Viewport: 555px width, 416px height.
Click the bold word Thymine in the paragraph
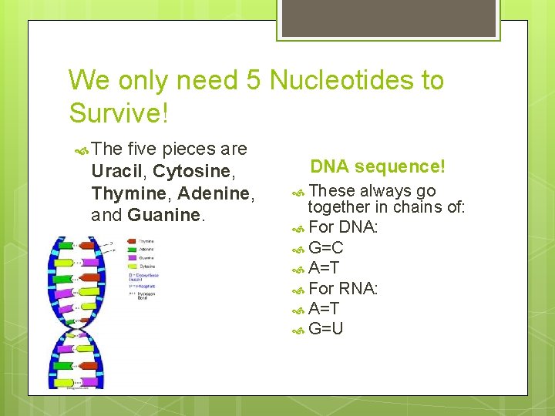click(127, 193)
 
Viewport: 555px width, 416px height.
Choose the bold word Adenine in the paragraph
click(214, 193)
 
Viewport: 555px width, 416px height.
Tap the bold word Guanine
click(163, 215)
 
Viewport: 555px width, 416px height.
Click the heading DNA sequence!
click(378, 166)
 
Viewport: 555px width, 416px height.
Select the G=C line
click(325, 248)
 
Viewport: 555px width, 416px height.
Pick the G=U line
click(325, 329)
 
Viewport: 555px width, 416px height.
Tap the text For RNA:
click(343, 289)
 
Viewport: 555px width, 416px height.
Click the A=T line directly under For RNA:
click(324, 309)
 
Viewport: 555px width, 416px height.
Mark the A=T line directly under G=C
click(324, 268)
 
